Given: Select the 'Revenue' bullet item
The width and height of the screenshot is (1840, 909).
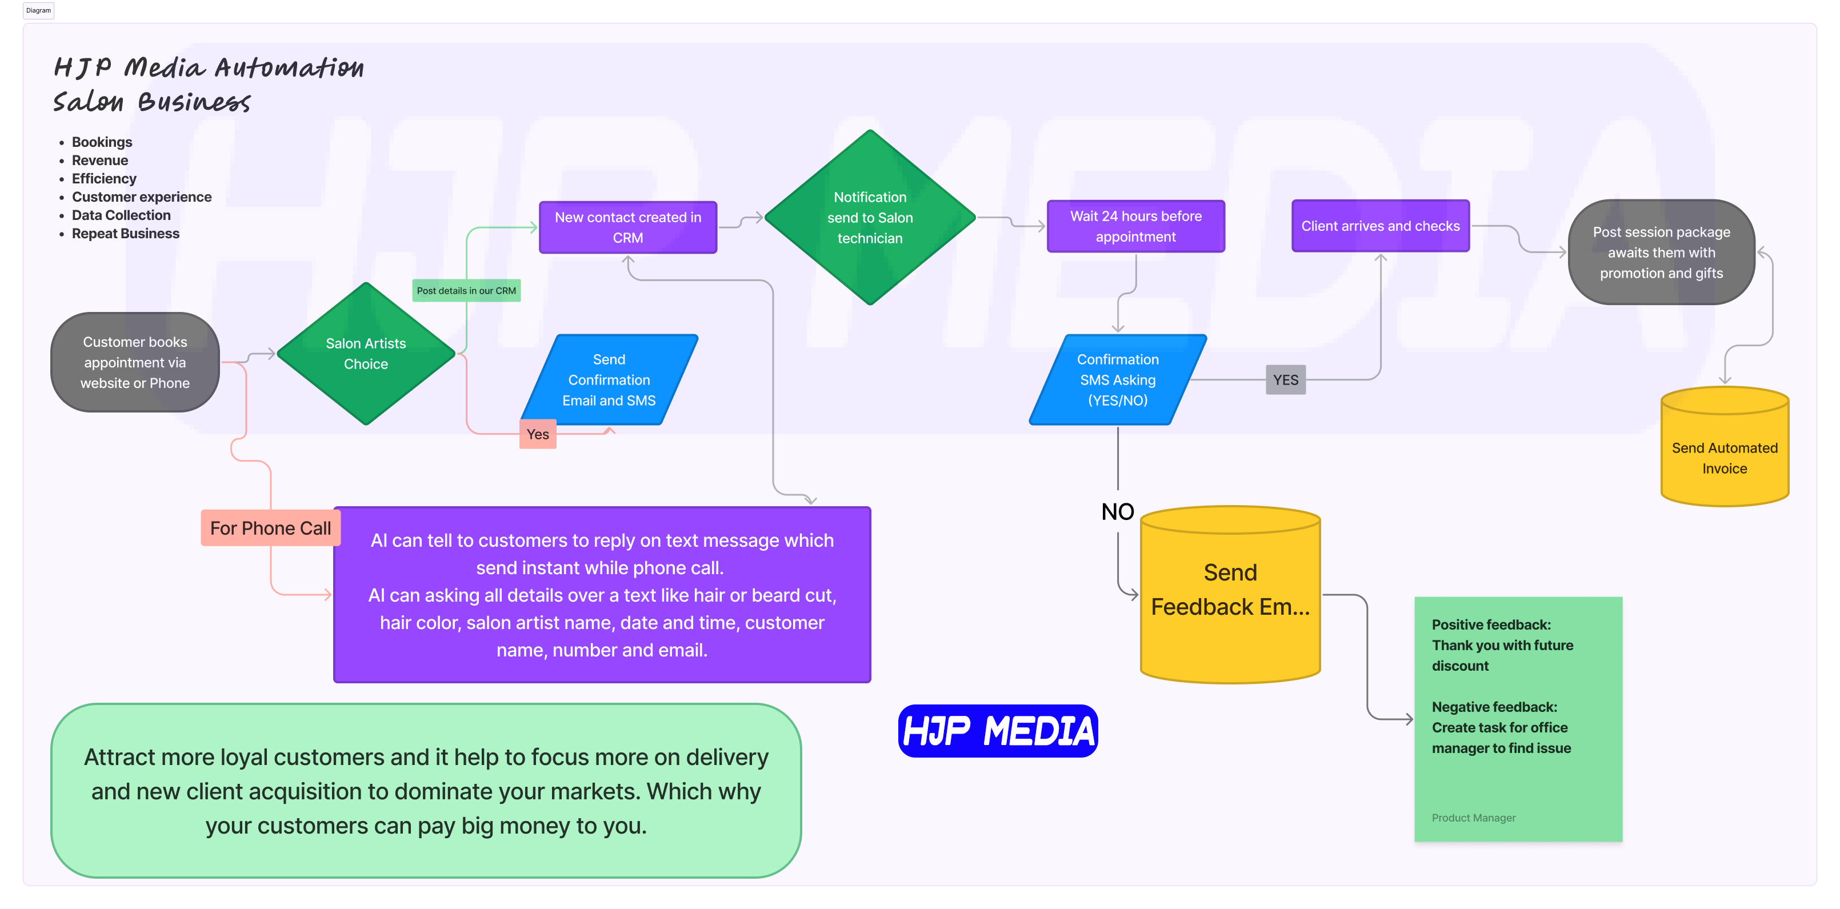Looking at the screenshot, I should pos(99,161).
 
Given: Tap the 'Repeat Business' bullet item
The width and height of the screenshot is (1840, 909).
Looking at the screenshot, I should pos(125,234).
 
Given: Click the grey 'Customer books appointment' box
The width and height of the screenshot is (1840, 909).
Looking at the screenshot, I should pos(135,362).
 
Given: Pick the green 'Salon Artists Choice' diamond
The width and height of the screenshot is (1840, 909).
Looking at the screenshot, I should pos(366,354).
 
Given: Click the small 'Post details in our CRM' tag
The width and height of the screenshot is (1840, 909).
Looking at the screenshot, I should pos(466,291).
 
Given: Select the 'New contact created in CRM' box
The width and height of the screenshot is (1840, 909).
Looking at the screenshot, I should pos(628,227).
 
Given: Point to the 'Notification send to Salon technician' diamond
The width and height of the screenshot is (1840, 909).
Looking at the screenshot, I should pos(869,218).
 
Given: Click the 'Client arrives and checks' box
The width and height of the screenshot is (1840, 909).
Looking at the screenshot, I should pos(1380,226).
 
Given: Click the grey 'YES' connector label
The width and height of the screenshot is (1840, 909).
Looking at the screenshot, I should pos(1285,380).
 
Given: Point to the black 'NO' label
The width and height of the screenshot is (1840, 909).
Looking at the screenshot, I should pos(1117,512).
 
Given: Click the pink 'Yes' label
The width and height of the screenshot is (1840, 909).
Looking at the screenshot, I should pos(538,434).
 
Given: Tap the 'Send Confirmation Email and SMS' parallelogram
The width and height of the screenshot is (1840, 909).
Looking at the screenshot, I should pos(609,380).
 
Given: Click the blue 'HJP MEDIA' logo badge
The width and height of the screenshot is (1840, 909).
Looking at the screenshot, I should pos(997,731).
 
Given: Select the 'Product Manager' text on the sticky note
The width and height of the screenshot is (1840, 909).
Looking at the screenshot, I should pos(1473,818).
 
